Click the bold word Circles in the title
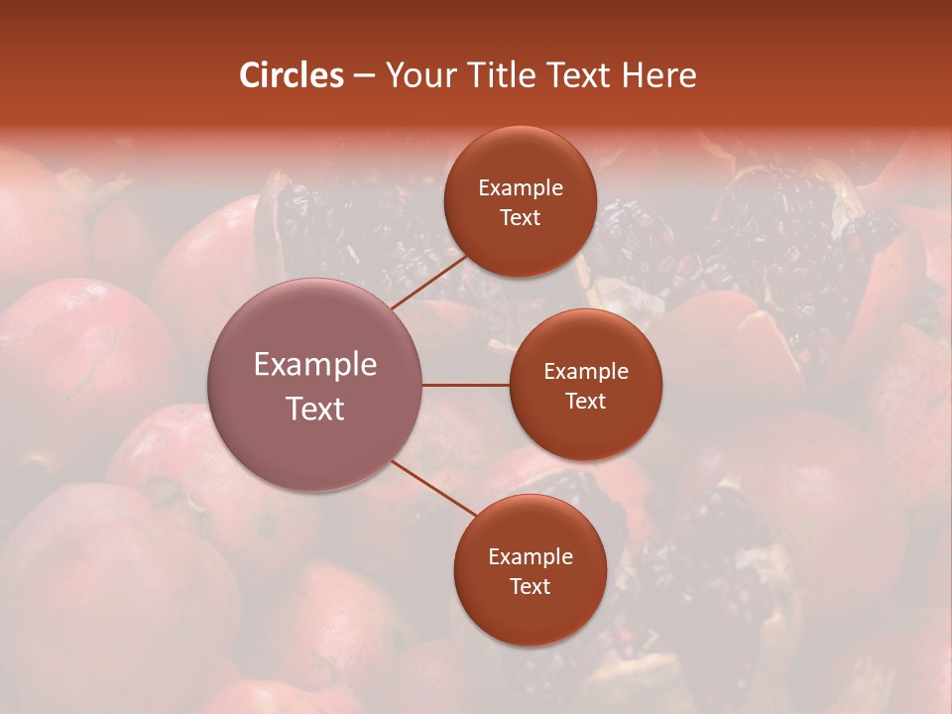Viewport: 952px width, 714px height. point(291,75)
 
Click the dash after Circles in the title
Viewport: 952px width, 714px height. point(364,76)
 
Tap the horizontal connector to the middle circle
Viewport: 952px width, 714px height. point(466,385)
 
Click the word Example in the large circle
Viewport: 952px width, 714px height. point(315,365)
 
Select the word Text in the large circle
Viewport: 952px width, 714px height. point(315,409)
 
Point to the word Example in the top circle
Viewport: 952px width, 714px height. point(521,188)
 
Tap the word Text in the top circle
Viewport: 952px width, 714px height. point(521,217)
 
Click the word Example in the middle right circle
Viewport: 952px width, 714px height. point(586,372)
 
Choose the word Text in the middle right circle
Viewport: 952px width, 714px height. point(586,401)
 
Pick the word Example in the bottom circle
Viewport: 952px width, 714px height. point(531,557)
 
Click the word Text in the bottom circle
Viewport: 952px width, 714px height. point(531,586)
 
